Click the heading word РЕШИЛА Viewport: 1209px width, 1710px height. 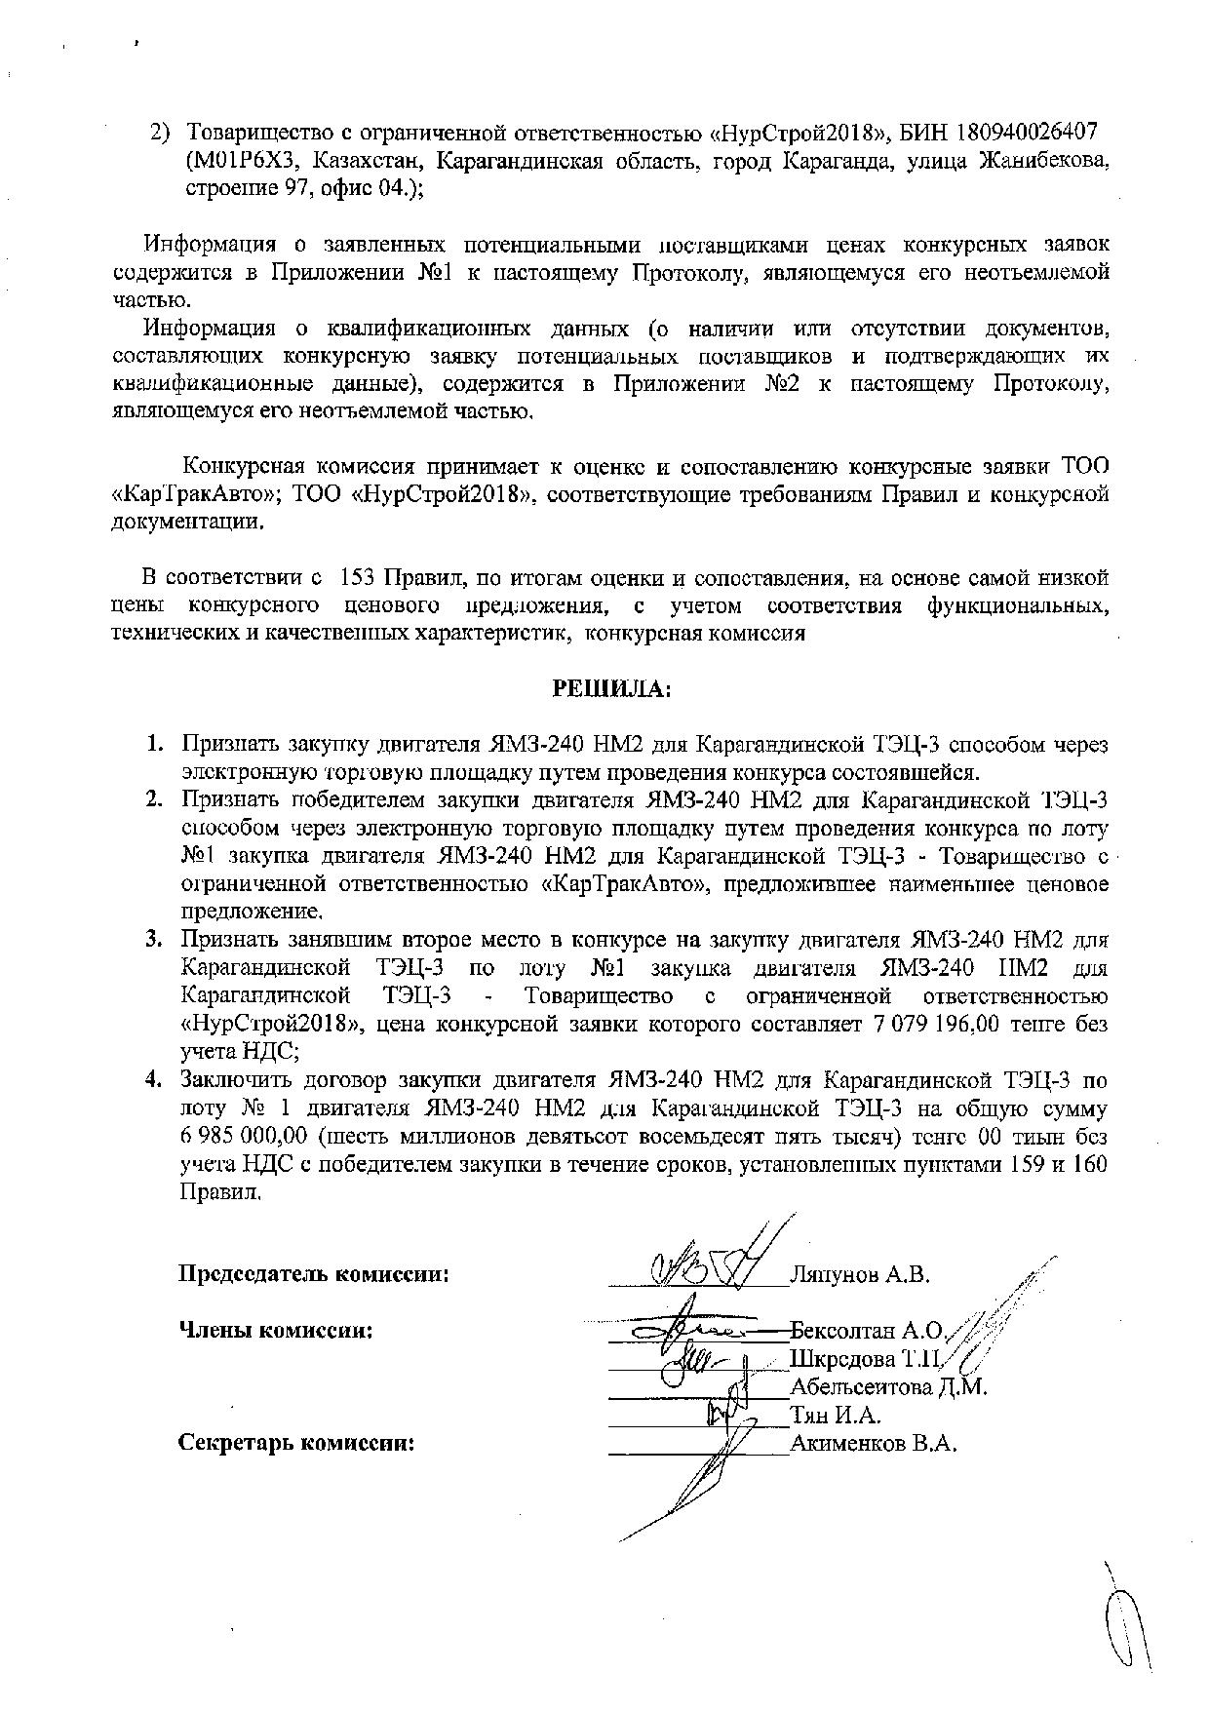(x=612, y=689)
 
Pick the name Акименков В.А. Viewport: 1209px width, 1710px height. (x=874, y=1444)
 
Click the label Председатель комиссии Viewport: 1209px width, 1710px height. (x=313, y=1274)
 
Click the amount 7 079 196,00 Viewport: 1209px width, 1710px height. (x=945, y=1025)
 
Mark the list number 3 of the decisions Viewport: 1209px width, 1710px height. (x=154, y=940)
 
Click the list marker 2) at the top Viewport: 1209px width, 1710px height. (x=160, y=132)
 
